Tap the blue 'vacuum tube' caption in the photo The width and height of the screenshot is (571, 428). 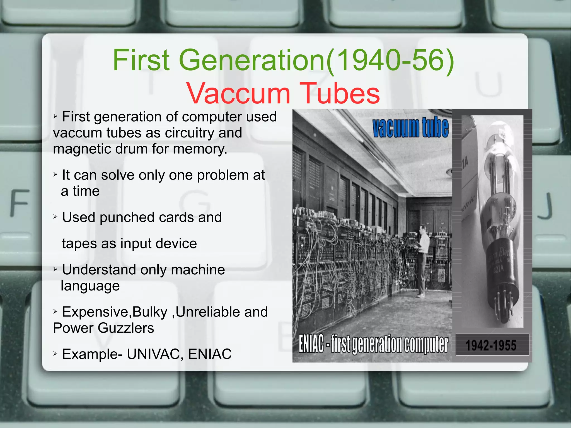410,127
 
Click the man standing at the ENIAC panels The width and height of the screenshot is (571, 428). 422,259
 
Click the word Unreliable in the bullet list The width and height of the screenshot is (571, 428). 207,312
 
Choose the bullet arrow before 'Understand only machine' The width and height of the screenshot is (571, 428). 55,270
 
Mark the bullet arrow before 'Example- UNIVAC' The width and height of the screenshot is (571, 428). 55,354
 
